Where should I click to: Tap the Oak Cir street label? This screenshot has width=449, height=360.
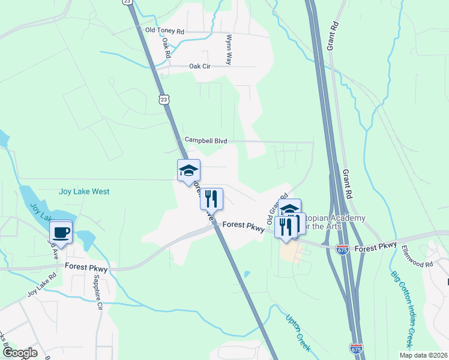coord(202,67)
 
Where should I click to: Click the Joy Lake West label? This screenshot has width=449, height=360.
coord(84,192)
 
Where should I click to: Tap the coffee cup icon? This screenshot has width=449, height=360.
coord(61,232)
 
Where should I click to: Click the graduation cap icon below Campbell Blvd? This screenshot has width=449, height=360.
coord(188,170)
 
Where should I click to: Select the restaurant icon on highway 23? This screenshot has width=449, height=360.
coord(211,199)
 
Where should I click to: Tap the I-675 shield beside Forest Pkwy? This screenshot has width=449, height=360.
coord(343,248)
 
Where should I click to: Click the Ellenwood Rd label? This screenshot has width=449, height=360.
coord(417,256)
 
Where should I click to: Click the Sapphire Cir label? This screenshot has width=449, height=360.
coord(98,295)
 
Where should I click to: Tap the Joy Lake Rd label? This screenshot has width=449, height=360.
coord(41,286)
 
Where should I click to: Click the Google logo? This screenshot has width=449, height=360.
coord(19,353)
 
